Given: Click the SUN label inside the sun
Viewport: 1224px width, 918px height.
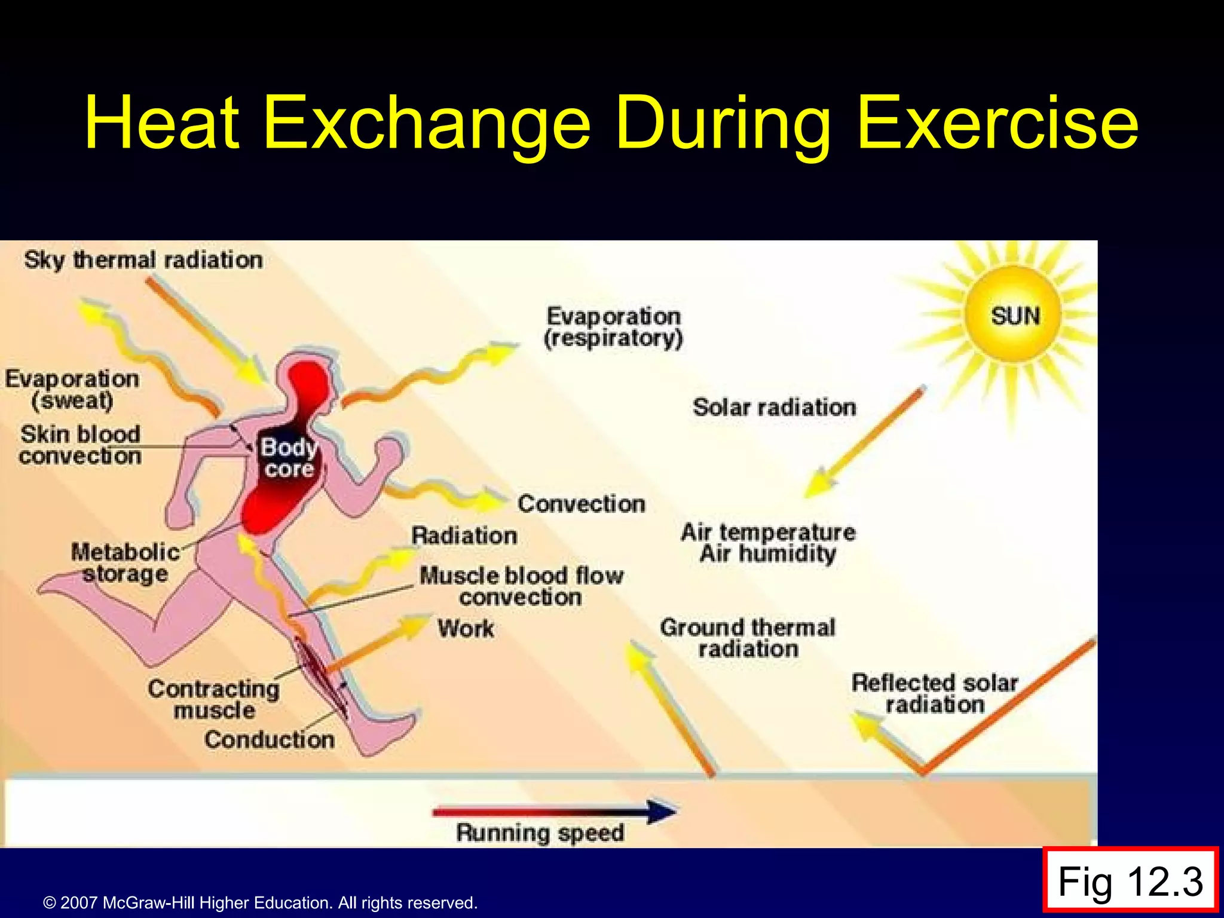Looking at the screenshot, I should (1015, 316).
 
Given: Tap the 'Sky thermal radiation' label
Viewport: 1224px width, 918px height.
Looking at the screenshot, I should (143, 260).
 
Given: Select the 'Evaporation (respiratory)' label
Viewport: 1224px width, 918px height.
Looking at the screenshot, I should (613, 327).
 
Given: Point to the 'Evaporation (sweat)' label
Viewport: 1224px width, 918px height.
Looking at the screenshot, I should (72, 390).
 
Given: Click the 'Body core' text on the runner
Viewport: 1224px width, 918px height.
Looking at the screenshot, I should (289, 458).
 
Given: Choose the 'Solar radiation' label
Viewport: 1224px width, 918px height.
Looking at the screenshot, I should (774, 408).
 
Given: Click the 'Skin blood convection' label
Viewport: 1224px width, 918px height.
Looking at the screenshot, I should (80, 445).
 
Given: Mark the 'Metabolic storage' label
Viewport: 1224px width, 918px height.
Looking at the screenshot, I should (125, 562).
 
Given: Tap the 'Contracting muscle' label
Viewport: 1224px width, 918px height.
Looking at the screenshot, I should (214, 699).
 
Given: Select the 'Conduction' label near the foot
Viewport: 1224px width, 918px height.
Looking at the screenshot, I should (269, 740).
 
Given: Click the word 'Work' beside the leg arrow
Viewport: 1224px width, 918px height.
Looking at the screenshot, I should (466, 629).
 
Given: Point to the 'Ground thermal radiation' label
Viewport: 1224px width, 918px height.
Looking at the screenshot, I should (748, 638).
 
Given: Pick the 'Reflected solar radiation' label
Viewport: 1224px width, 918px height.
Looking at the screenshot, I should (935, 693).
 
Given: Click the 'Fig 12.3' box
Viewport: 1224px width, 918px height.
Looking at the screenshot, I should (1130, 882).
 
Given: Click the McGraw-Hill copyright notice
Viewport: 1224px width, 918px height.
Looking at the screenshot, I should (260, 902).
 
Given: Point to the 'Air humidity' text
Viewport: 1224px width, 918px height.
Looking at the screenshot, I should (768, 553).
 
